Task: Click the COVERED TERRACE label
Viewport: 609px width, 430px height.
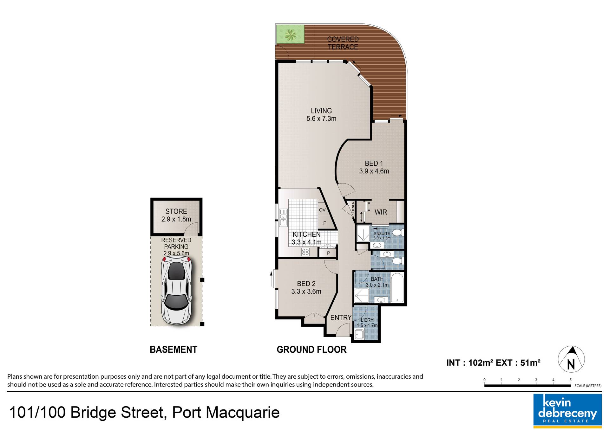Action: click(343, 43)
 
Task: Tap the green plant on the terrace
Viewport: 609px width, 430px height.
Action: click(290, 35)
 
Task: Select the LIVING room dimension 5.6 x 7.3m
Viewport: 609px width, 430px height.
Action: click(321, 119)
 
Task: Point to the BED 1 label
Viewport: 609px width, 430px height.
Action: click(374, 164)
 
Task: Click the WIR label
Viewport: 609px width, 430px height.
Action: click(381, 212)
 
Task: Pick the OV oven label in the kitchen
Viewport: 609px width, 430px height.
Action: click(322, 210)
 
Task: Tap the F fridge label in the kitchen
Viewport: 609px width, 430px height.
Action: click(324, 223)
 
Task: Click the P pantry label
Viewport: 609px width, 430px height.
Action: click(329, 253)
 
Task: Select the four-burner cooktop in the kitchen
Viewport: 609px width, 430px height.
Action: click(305, 252)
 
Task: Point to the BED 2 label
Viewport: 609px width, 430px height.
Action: click(306, 284)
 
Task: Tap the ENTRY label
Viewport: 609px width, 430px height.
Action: click(341, 318)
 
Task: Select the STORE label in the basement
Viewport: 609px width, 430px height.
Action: click(176, 211)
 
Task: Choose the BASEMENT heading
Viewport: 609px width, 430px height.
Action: click(174, 350)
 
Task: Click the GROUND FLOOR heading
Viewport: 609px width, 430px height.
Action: click(311, 350)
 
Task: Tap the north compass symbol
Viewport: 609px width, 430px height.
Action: click(571, 359)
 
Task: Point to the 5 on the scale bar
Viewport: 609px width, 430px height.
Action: click(570, 380)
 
